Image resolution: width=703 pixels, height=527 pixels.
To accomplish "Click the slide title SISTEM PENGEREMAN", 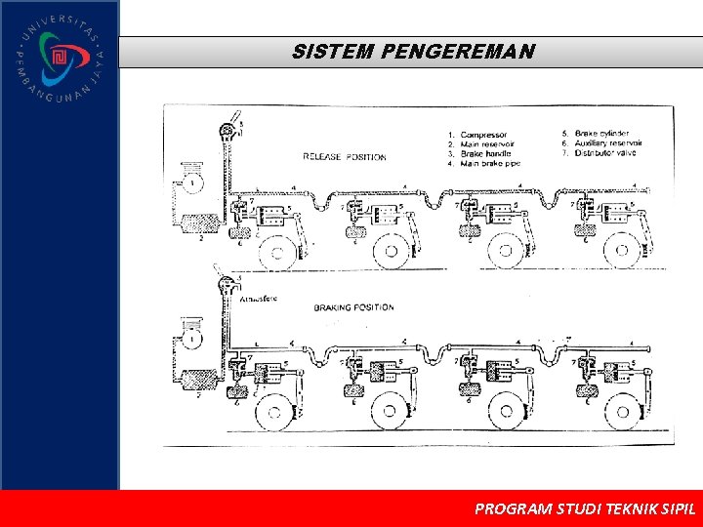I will [412, 52].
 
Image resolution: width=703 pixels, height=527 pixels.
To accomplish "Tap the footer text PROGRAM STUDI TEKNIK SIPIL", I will [584, 508].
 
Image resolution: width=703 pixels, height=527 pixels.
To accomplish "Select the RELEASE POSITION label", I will [344, 156].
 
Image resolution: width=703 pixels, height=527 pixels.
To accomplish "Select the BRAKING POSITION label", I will [353, 307].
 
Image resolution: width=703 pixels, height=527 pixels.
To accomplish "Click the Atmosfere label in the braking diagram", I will [260, 301].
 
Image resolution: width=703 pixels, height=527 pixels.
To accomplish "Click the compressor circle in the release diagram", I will [194, 182].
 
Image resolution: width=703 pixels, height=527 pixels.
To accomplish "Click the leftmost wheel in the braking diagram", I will [274, 412].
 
